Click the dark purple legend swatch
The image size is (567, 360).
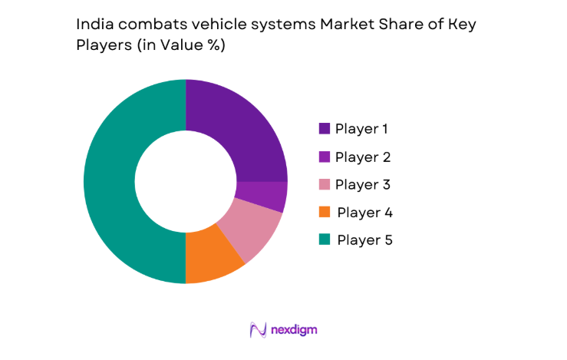tap(325, 129)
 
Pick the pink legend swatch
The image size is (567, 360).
tap(325, 184)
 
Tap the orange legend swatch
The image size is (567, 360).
tap(325, 212)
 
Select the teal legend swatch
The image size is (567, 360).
tap(325, 239)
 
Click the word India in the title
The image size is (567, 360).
tap(93, 24)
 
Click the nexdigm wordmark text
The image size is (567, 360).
tap(294, 329)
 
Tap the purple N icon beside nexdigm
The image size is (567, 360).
tap(258, 329)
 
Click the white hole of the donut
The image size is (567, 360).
tap(186, 182)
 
